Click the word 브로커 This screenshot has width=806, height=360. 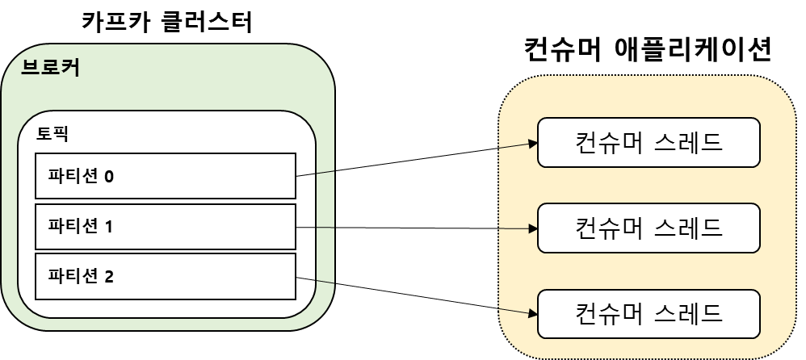[50, 68]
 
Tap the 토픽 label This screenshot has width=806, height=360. [52, 133]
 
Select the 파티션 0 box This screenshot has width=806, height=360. [165, 175]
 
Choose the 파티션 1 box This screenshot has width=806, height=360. [165, 227]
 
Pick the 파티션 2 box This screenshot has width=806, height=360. [165, 277]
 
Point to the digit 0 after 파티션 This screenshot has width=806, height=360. [109, 176]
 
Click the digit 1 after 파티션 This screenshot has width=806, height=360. [109, 227]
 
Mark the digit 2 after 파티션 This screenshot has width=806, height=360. [109, 278]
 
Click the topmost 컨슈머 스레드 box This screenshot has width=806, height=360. [649, 142]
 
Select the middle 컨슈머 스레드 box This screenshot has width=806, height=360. [649, 228]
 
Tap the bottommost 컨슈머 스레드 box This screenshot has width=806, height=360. [649, 312]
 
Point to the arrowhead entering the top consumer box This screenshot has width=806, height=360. [532, 143]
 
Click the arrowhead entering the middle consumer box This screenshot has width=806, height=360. [532, 228]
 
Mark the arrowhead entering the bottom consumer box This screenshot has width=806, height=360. [532, 312]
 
